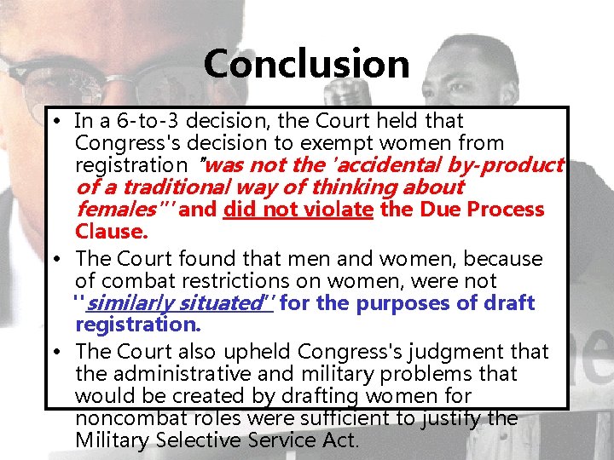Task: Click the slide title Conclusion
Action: (x=307, y=64)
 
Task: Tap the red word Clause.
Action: (x=111, y=232)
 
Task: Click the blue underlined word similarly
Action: (x=134, y=303)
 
